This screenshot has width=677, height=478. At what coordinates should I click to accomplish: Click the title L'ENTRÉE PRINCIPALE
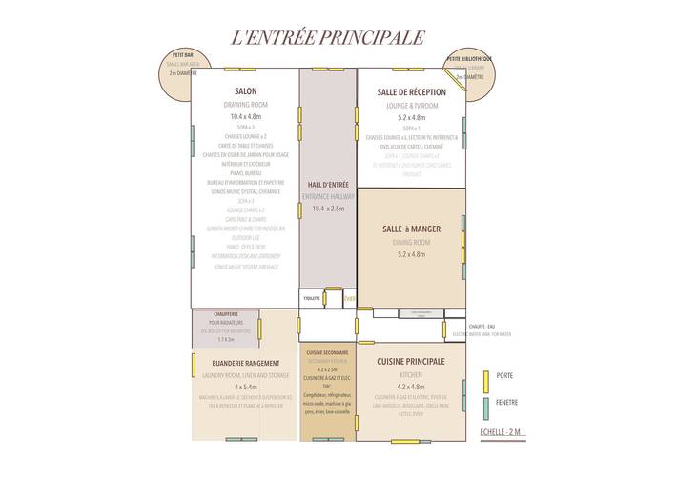327,38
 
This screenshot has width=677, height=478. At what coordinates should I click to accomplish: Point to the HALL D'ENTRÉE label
328,184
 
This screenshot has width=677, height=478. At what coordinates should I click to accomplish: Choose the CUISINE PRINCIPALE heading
411,362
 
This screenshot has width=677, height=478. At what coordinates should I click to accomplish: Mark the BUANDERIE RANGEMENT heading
245,363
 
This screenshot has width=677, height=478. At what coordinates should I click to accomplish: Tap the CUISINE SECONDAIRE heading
328,353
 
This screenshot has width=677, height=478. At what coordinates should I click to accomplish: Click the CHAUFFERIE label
225,314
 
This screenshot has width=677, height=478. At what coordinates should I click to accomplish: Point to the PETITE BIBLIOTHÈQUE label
471,59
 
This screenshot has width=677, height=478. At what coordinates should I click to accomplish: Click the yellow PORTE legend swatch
485,375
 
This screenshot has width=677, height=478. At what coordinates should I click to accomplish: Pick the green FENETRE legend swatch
485,403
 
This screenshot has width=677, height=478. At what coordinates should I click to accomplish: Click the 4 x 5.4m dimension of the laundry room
245,388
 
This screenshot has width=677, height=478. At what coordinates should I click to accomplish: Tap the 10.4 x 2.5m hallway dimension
328,209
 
